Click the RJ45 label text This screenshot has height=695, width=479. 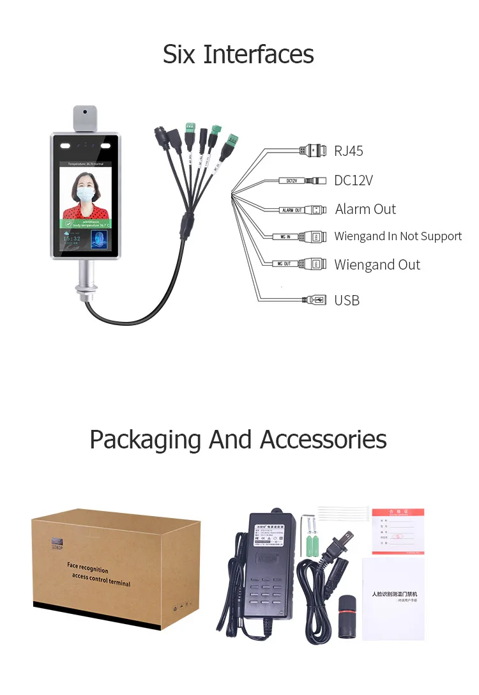point(349,151)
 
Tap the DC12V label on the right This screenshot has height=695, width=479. point(353,180)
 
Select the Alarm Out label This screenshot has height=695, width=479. point(365,209)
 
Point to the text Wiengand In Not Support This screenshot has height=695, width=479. point(398,236)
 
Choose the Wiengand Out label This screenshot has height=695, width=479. point(377,264)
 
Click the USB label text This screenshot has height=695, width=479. point(347,300)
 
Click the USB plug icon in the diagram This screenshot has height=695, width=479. point(314,300)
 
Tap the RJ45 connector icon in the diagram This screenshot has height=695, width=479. point(313,151)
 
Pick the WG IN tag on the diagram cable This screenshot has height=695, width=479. point(284,236)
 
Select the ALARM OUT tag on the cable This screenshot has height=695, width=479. point(291,210)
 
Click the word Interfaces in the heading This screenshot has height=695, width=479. point(259,54)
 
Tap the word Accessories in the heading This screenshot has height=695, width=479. point(323,439)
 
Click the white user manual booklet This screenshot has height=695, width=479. point(393,598)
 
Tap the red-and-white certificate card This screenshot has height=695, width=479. point(398,530)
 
